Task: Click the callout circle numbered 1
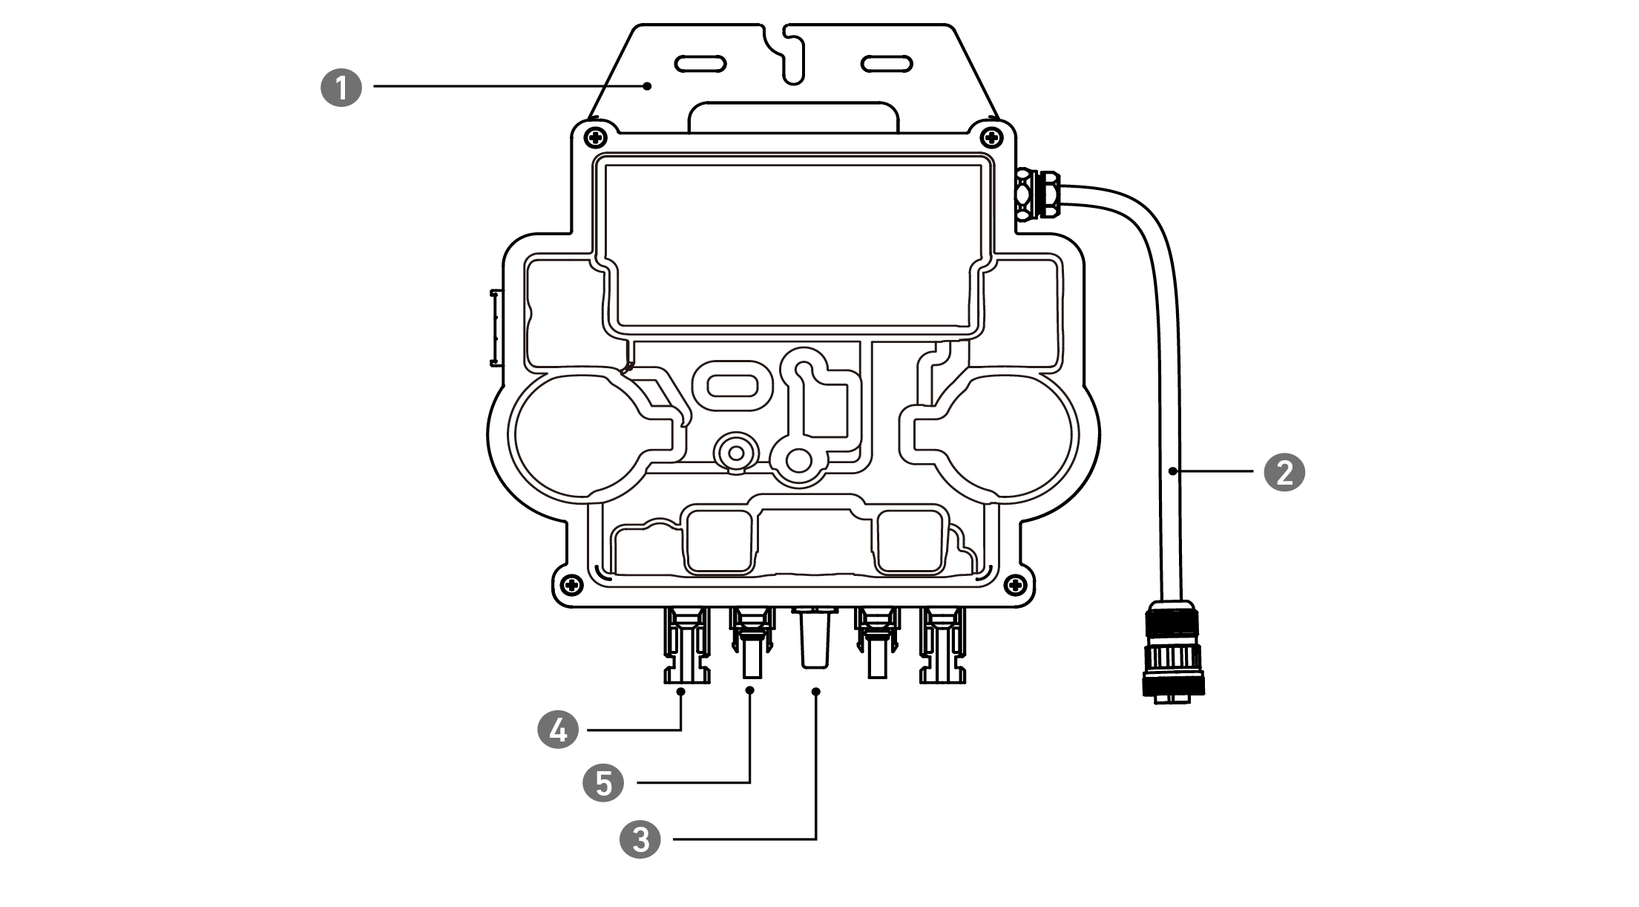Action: coord(341,88)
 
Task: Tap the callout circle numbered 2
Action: coord(1284,471)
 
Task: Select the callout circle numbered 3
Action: coord(640,839)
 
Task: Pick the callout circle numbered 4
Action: coord(558,730)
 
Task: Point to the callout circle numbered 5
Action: coord(604,782)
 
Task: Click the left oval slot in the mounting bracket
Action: coord(700,63)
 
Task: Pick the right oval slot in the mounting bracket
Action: coord(886,63)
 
